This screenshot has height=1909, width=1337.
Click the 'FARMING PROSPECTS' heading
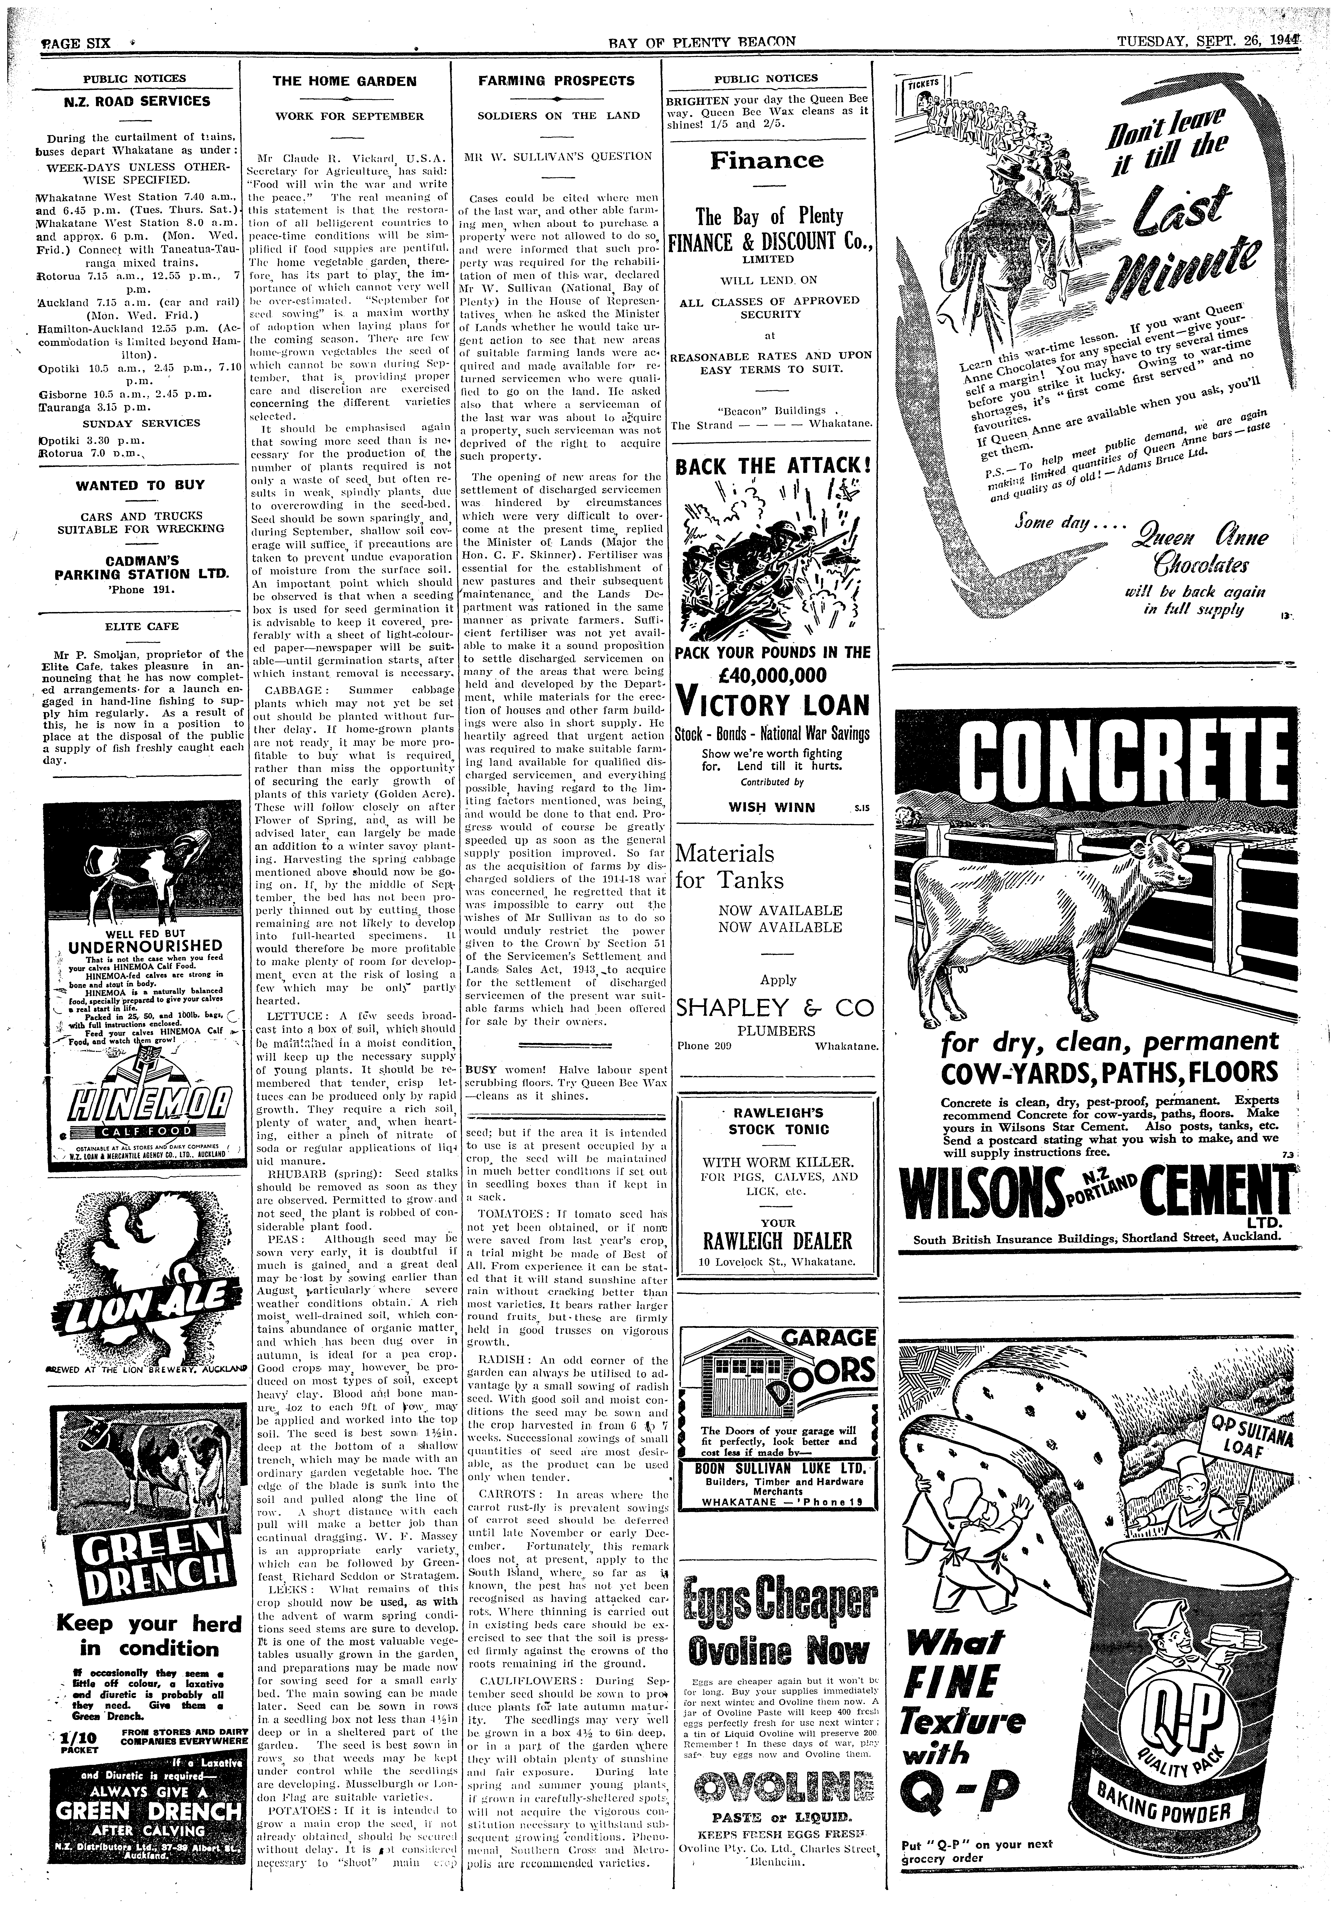click(x=556, y=81)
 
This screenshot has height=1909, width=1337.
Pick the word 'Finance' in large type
click(x=767, y=160)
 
